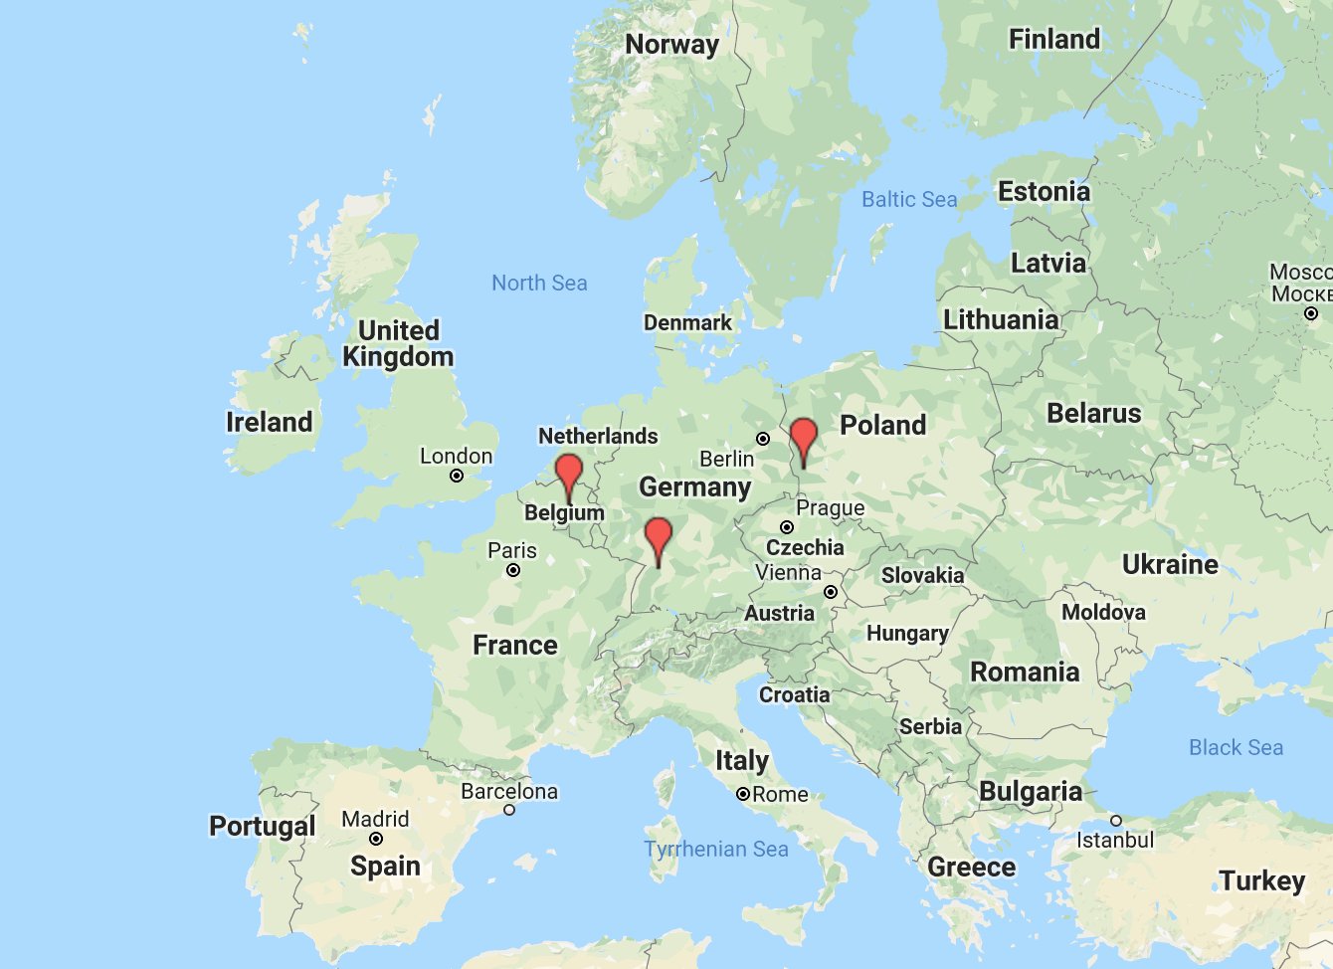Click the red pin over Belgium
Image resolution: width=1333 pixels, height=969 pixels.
[569, 472]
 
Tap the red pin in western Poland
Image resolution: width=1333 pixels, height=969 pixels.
[804, 437]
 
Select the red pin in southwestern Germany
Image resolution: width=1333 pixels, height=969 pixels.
[659, 535]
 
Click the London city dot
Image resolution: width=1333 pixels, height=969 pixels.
[457, 476]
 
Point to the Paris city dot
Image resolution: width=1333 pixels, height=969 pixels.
[513, 570]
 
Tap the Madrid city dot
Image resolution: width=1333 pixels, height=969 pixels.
[376, 839]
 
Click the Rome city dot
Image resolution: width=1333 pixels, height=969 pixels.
[742, 794]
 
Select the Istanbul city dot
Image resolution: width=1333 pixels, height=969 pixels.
[1116, 821]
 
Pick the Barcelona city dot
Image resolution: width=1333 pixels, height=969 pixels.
[509, 810]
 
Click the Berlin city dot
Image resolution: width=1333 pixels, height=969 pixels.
[763, 439]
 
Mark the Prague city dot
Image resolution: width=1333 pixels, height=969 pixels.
[786, 527]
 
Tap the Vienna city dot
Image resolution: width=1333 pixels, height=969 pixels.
[831, 592]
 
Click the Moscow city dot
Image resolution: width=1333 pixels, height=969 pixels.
[1311, 313]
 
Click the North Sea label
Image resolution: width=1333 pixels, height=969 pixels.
[539, 284]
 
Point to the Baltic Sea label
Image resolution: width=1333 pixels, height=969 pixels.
[909, 200]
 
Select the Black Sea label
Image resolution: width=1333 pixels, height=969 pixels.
[1236, 748]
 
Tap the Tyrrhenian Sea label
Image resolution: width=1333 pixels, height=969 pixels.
[716, 850]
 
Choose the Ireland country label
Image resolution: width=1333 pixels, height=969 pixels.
[269, 422]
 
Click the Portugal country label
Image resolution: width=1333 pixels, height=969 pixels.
[262, 827]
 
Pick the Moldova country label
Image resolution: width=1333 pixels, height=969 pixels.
[1103, 612]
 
